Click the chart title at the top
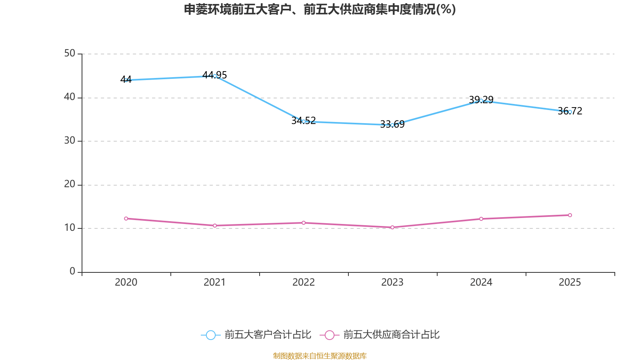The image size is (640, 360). pyautogui.click(x=320, y=10)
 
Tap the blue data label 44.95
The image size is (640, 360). pyautogui.click(x=214, y=75)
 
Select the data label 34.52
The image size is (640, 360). pyautogui.click(x=304, y=120)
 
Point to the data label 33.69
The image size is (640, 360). pyautogui.click(x=392, y=124)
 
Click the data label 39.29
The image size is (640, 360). pyautogui.click(x=481, y=100)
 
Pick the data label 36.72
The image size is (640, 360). pyautogui.click(x=570, y=111)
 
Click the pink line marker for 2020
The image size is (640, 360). pyautogui.click(x=126, y=218)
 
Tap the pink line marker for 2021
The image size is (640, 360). pyautogui.click(x=215, y=226)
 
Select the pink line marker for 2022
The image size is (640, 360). pyautogui.click(x=304, y=223)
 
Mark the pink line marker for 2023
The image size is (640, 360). pyautogui.click(x=392, y=228)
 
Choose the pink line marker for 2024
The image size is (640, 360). pyautogui.click(x=481, y=219)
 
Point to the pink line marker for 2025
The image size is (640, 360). pyautogui.click(x=570, y=215)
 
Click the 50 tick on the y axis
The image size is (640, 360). pyautogui.click(x=70, y=54)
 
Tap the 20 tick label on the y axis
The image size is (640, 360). pyautogui.click(x=70, y=184)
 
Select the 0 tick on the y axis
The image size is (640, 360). pyautogui.click(x=72, y=272)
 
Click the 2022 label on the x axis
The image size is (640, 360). pyautogui.click(x=304, y=282)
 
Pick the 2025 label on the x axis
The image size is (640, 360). pyautogui.click(x=570, y=282)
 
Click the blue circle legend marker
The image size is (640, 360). pyautogui.click(x=211, y=335)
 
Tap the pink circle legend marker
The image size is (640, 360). pyautogui.click(x=330, y=335)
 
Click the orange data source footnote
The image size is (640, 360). pyautogui.click(x=320, y=356)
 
